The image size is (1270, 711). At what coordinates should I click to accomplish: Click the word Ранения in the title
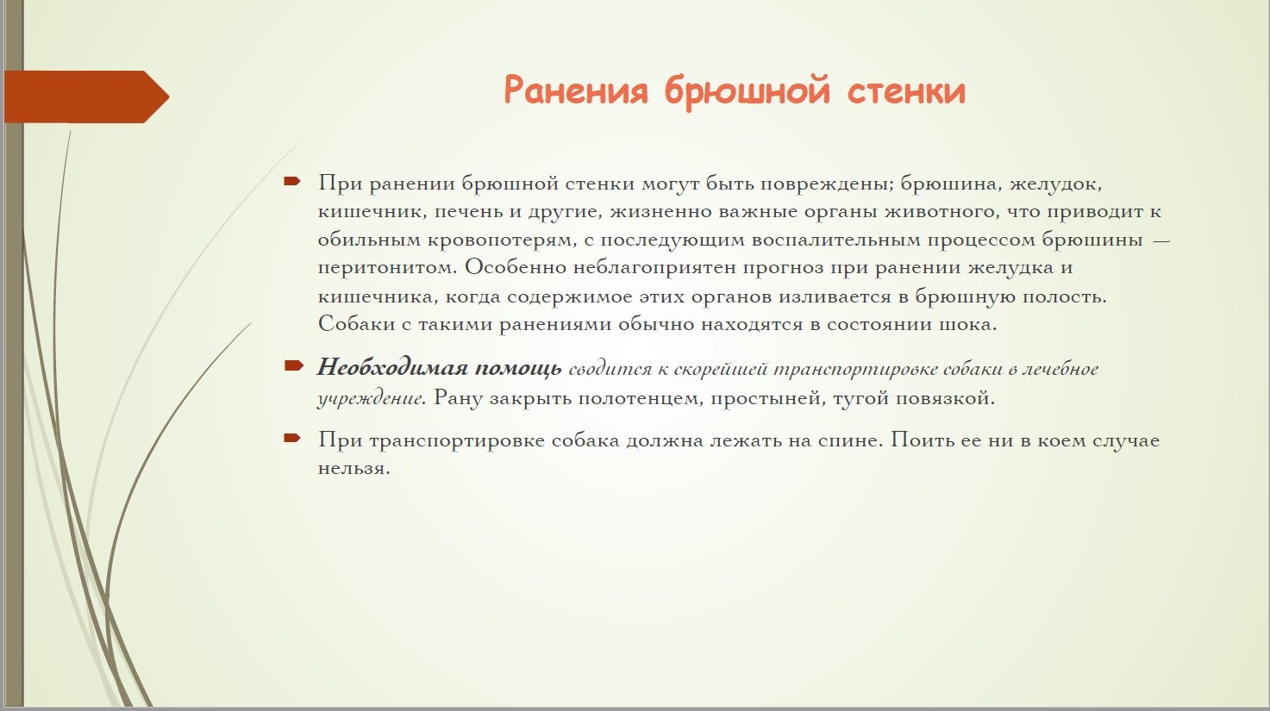(x=575, y=90)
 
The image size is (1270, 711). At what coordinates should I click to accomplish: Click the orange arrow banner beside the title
(x=87, y=97)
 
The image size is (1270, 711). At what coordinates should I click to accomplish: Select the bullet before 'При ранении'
(x=292, y=181)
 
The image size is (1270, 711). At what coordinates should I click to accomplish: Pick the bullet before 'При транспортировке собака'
(x=292, y=437)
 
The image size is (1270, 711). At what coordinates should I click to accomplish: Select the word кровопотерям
(x=501, y=240)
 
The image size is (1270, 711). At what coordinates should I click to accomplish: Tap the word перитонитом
(x=387, y=268)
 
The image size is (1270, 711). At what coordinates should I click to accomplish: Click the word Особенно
(x=516, y=267)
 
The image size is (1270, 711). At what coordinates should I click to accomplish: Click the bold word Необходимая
(x=392, y=368)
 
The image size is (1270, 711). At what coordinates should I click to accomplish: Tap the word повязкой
(x=947, y=399)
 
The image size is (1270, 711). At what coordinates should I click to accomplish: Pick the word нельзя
(x=353, y=469)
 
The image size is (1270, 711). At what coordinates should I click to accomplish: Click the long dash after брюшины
(x=1161, y=240)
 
